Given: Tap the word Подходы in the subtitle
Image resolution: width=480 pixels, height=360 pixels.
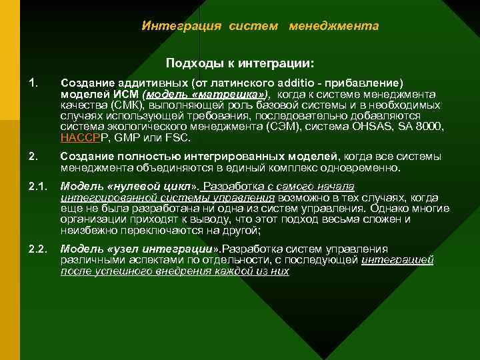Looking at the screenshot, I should coord(189,63).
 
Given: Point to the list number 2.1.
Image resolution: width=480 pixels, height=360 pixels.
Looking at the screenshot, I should coord(37,186).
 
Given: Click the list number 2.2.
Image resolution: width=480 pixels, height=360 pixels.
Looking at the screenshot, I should coord(37,249).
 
